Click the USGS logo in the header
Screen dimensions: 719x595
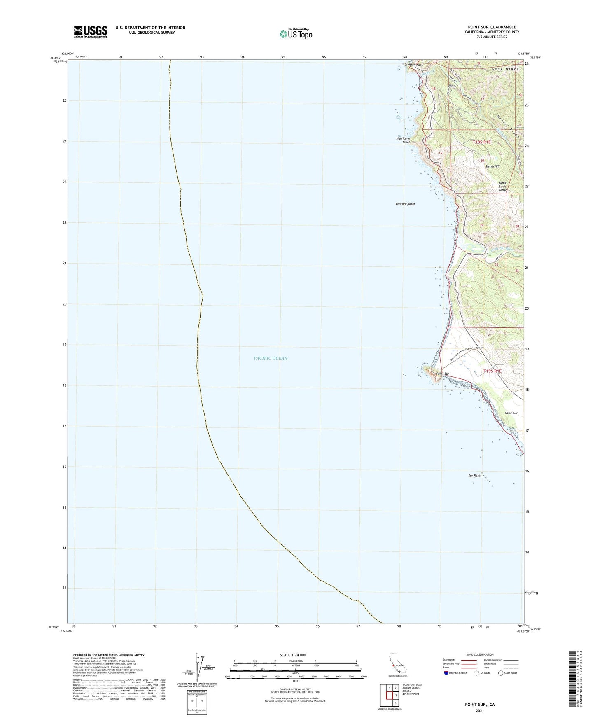(91, 32)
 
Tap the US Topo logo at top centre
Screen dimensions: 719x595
(295, 33)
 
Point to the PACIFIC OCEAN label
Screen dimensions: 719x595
(271, 358)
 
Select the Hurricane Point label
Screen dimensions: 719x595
(403, 140)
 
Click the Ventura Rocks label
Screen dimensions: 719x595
(405, 204)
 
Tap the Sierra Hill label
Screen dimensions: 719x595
(492, 166)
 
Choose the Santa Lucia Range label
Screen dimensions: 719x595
(503, 186)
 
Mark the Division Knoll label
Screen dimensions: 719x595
(414, 65)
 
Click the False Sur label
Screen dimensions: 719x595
(511, 413)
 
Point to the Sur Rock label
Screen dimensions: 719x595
(474, 476)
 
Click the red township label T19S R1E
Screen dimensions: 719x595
(492, 371)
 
